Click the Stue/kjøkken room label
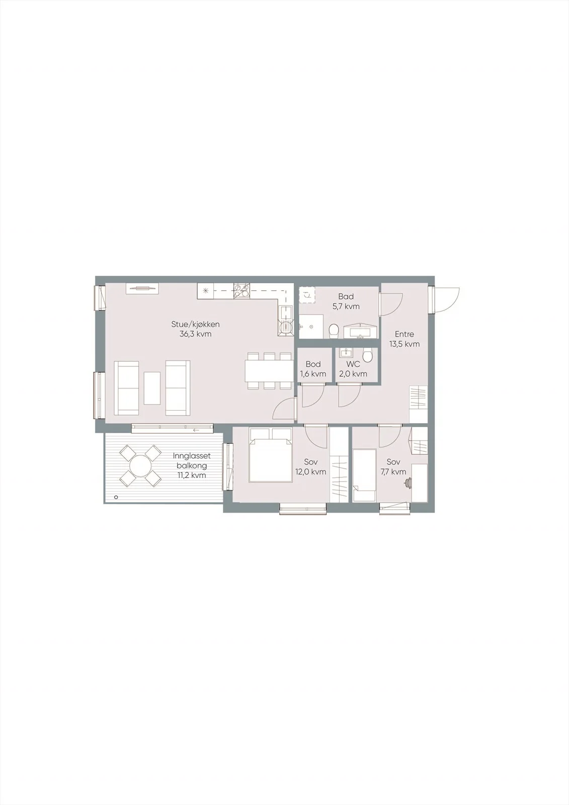coord(195,325)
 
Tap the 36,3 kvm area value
coord(195,334)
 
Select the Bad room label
coord(346,296)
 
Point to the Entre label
coord(404,334)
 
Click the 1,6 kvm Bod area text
coord(313,374)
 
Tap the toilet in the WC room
coord(367,355)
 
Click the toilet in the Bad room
coord(333,330)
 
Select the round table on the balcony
coord(140,465)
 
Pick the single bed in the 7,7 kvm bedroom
coord(364,475)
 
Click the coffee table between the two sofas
coord(152,388)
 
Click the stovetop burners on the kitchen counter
coord(241,291)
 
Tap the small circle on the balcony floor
coord(116,498)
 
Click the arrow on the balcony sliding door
coord(196,430)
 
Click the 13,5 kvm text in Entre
coord(404,344)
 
